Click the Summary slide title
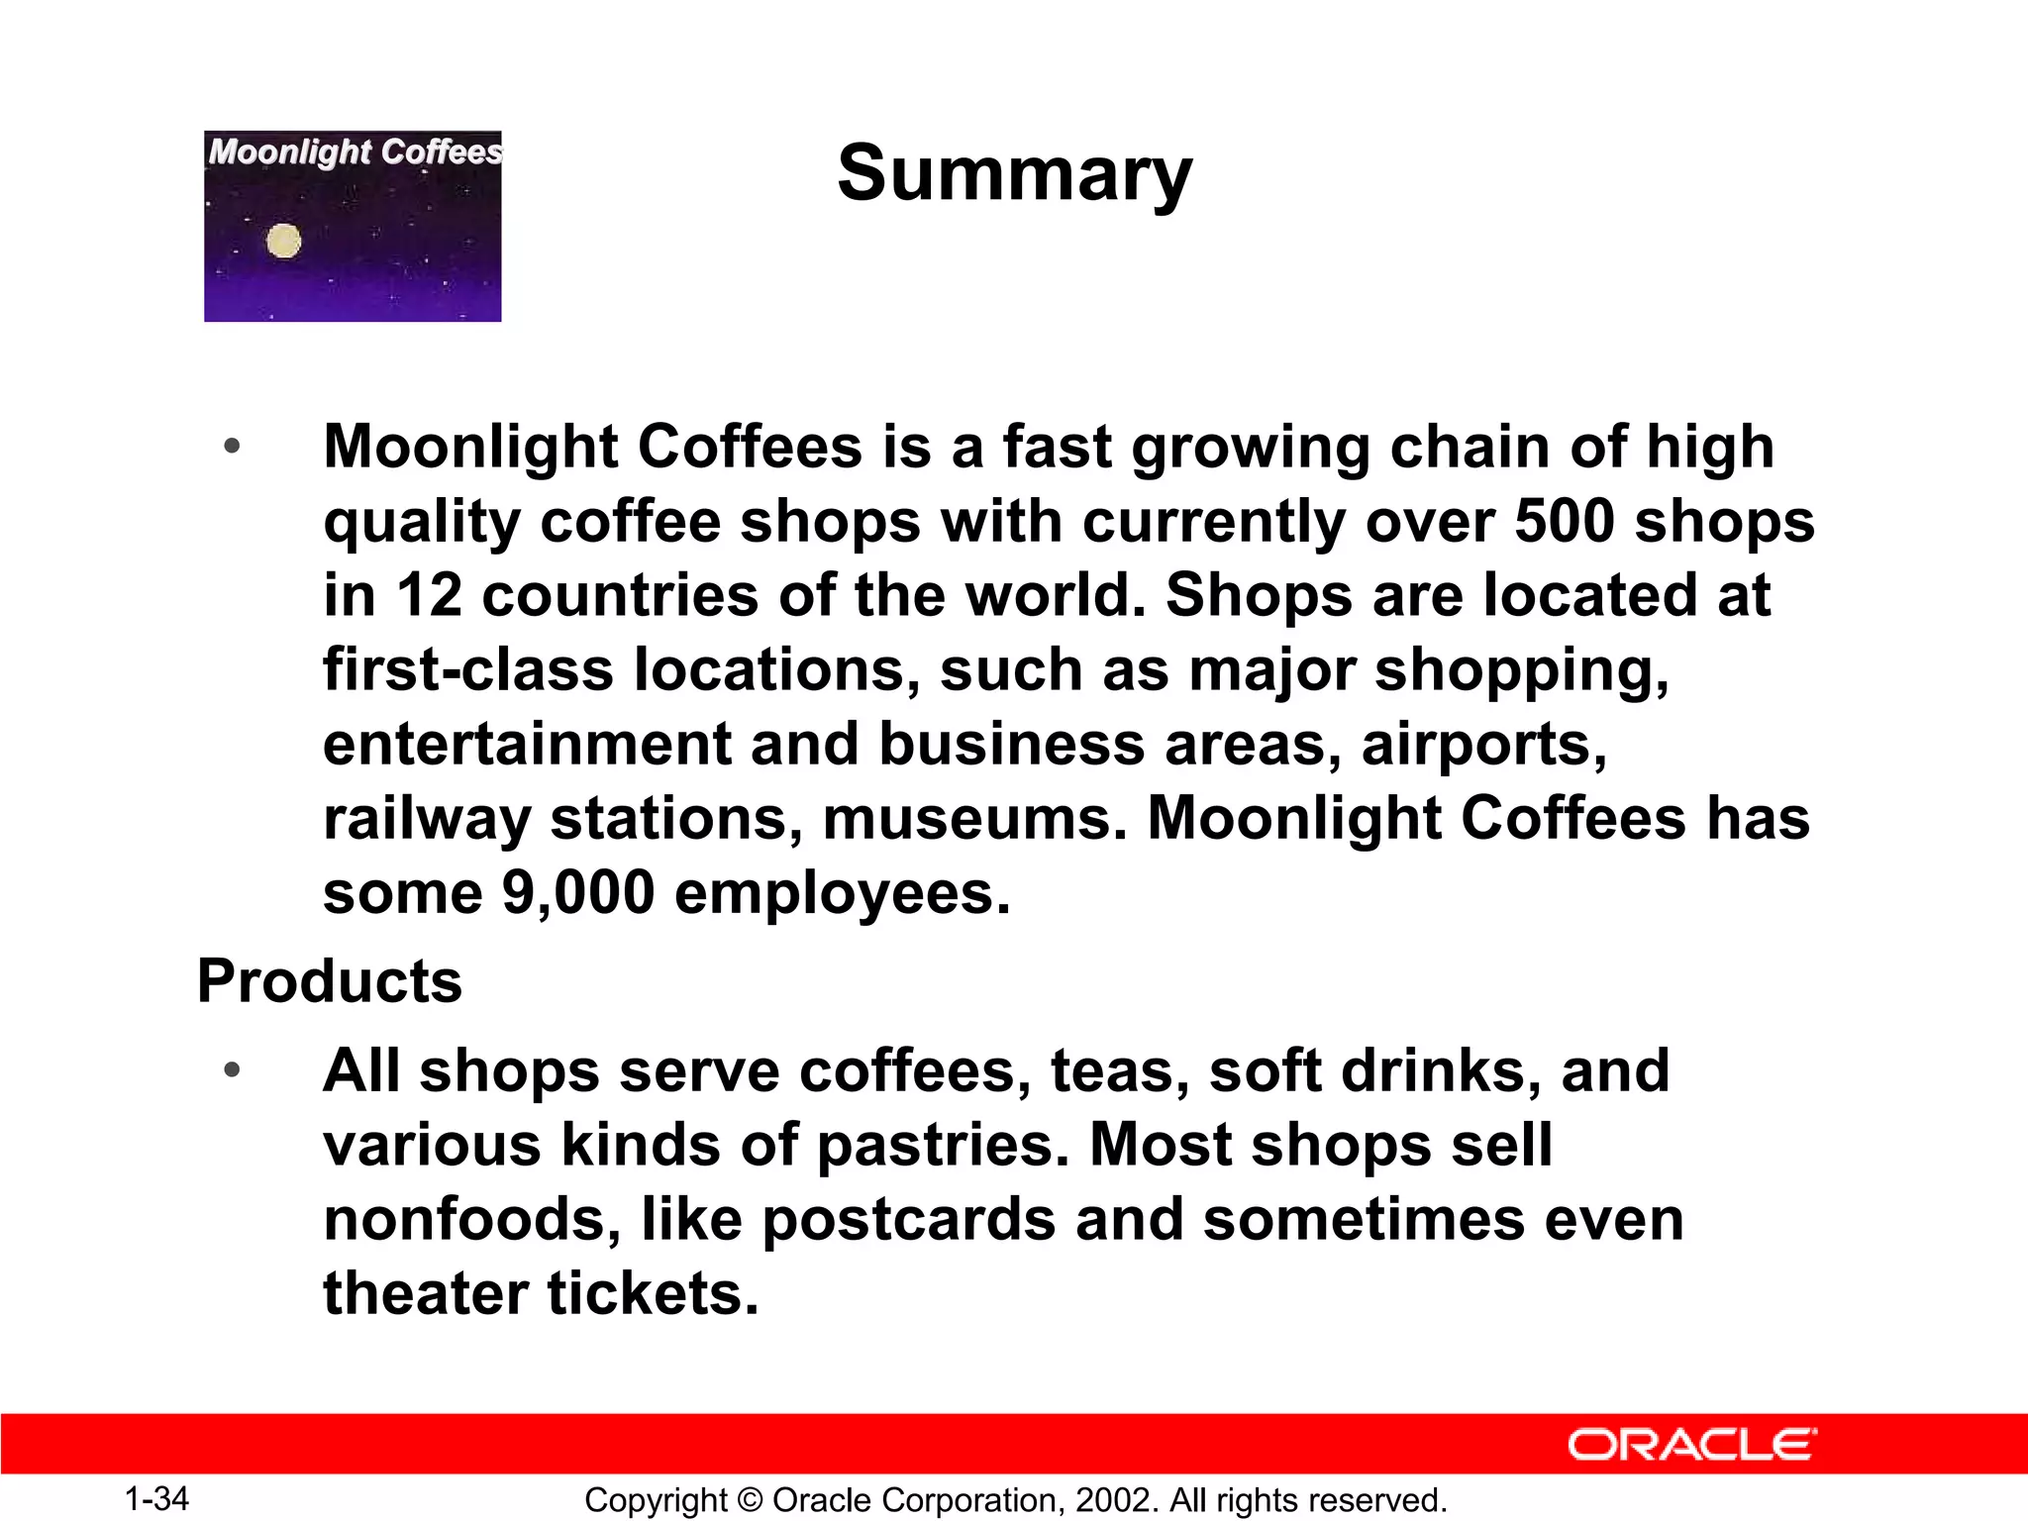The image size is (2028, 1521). tap(1014, 173)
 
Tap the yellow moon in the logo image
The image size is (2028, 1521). tap(284, 242)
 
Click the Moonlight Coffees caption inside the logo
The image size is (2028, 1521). tap(355, 152)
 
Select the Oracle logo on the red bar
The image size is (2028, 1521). tap(1691, 1445)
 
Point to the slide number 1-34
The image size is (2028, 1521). tap(156, 1498)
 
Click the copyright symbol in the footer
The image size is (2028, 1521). tap(750, 1500)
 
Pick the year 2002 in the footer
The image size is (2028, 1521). tap(1115, 1500)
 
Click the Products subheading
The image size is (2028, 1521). tap(330, 981)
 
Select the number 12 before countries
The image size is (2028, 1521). tap(429, 595)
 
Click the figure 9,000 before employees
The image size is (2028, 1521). tap(578, 892)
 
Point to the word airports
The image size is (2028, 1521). tap(1483, 745)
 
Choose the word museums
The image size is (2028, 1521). tap(974, 819)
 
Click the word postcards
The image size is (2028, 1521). tap(909, 1219)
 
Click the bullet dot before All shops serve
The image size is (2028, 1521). tap(232, 1070)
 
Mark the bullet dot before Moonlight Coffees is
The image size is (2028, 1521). tap(232, 447)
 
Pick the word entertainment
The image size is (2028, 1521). tap(527, 745)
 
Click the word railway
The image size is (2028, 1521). tap(427, 819)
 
